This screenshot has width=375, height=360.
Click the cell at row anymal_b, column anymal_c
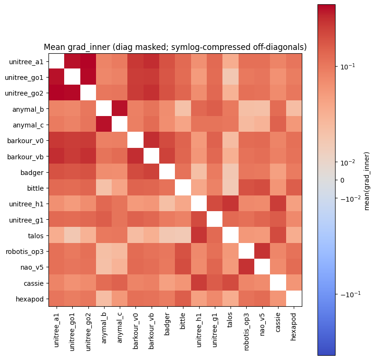(x=120, y=109)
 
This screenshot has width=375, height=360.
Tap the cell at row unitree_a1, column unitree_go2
(x=88, y=61)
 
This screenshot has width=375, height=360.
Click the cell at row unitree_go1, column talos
(x=230, y=77)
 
